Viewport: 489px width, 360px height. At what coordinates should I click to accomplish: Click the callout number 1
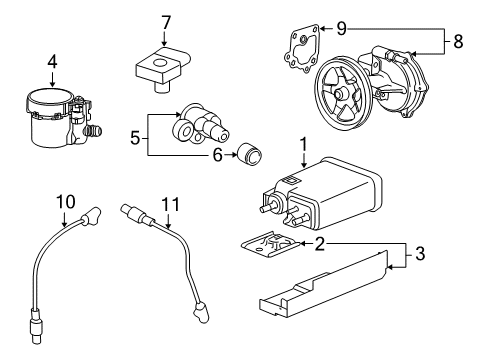(x=302, y=146)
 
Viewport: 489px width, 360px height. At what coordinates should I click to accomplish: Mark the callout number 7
(x=167, y=21)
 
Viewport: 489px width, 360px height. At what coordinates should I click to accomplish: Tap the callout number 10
(x=65, y=201)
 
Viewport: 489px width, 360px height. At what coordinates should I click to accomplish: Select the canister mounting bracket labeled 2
(x=275, y=245)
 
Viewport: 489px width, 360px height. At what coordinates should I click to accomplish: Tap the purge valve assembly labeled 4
(x=55, y=120)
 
